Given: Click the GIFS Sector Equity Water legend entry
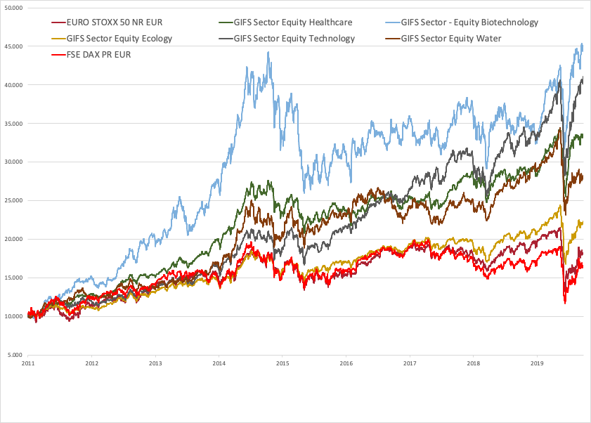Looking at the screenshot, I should [x=451, y=38].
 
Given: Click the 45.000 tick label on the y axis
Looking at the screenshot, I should [x=13, y=46].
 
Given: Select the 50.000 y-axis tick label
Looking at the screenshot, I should [x=13, y=8].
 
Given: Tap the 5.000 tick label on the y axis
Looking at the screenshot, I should [x=15, y=355].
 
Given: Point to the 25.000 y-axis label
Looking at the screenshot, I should [x=13, y=200].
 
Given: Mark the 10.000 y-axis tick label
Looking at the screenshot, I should [x=13, y=316].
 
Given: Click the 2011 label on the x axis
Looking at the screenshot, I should [x=28, y=364].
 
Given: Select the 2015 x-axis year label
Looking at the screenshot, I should [x=282, y=364].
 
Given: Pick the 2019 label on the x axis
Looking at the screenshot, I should [x=537, y=364].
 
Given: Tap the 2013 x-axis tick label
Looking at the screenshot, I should [x=155, y=364].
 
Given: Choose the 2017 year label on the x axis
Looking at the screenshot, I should [x=410, y=364].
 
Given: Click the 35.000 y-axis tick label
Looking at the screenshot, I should [x=13, y=124].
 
